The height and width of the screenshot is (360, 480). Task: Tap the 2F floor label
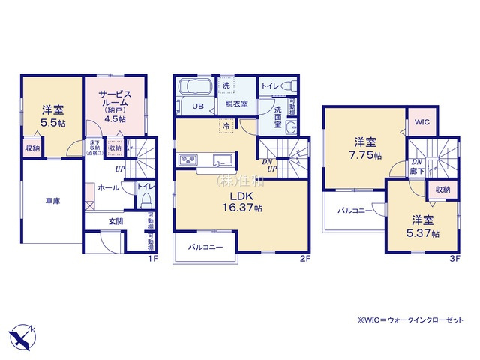(304, 259)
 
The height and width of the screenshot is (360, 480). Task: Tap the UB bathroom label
(199, 106)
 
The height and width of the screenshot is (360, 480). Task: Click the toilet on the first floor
(148, 200)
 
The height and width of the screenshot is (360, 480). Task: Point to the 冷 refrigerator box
(225, 126)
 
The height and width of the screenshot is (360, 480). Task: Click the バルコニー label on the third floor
(353, 211)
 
